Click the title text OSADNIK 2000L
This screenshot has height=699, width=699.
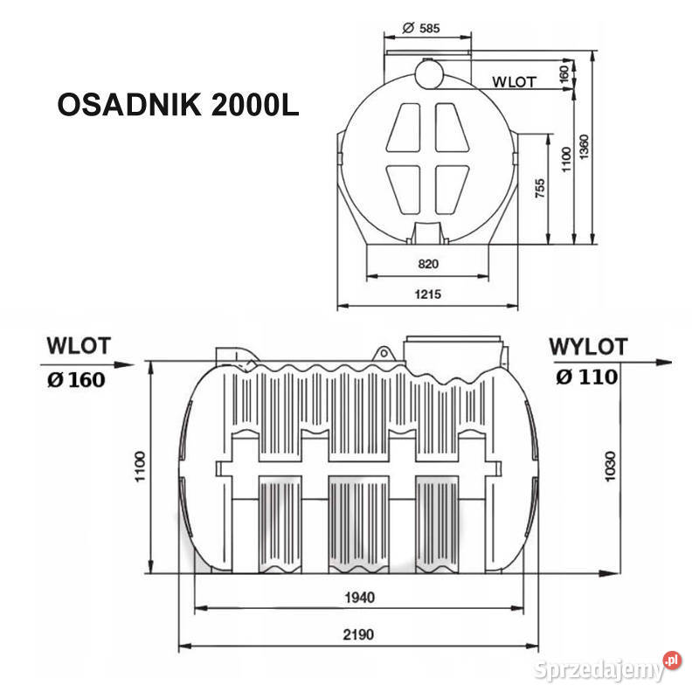178,105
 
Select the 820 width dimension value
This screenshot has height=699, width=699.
427,263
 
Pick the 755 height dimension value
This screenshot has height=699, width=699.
541,190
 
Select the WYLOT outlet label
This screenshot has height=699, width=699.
588,346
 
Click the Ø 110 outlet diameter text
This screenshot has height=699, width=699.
586,377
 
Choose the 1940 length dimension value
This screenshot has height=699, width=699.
359,598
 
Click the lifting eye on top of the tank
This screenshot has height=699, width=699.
383,352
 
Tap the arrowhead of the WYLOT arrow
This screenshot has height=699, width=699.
666,361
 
